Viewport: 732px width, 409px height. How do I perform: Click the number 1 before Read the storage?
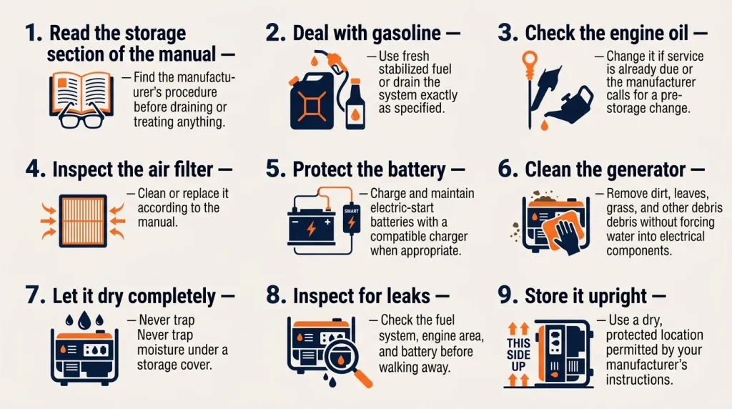[x=33, y=33]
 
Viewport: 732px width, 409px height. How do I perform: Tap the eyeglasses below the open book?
[x=81, y=118]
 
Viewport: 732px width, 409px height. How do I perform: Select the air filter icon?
[x=83, y=221]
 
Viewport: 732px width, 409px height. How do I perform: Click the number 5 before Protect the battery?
[x=275, y=169]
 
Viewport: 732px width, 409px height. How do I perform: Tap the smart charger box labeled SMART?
[x=352, y=219]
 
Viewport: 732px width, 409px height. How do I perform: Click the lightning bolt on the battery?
[x=311, y=228]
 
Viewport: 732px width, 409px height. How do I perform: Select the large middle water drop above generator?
[x=84, y=320]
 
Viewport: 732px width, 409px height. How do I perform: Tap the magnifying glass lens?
[x=340, y=358]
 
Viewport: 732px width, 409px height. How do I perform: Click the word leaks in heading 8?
[x=408, y=296]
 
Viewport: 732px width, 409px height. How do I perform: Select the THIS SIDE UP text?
[x=519, y=355]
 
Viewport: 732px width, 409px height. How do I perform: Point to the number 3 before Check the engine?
[x=507, y=33]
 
